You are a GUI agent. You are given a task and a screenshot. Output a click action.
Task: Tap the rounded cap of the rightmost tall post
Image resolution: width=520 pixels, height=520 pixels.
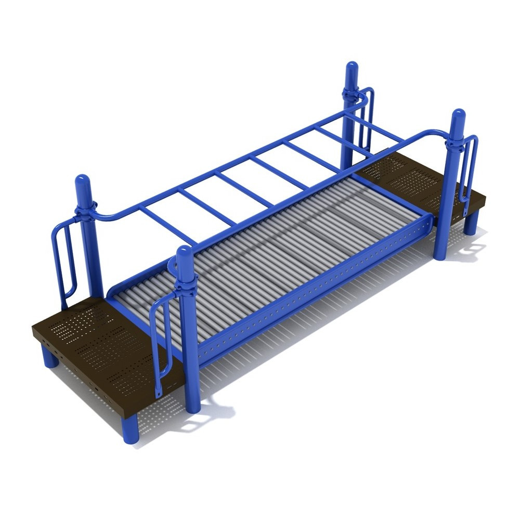458,119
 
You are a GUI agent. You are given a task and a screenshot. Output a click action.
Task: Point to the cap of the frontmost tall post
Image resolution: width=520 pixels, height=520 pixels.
185,257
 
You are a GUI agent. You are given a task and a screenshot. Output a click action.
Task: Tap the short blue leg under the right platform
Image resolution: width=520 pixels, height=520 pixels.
471,223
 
